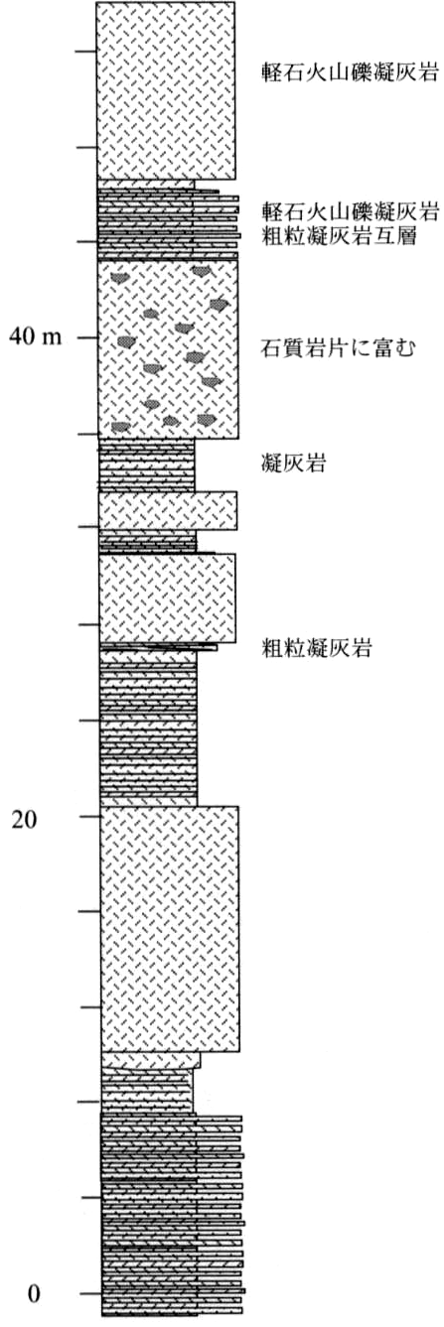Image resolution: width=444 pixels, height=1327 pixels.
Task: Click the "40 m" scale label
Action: [x=35, y=336]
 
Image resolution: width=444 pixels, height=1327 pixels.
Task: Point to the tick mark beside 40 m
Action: [x=87, y=337]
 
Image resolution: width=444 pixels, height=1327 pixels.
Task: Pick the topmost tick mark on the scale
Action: [x=85, y=52]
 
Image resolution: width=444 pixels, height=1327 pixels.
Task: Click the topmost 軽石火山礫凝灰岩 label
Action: [x=351, y=72]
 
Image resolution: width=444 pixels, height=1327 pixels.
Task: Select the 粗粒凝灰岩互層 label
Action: [x=340, y=237]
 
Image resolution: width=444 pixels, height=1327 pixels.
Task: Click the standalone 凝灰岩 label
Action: [x=293, y=463]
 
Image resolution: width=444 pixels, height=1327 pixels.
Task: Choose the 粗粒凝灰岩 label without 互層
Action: [x=316, y=649]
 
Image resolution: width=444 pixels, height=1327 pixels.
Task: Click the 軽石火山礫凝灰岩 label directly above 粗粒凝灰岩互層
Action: [x=351, y=210]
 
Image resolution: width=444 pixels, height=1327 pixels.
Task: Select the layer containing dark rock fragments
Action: [x=168, y=349]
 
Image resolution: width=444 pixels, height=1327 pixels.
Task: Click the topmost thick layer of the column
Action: [x=166, y=90]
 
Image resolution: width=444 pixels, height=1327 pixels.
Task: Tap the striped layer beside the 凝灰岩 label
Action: [x=146, y=465]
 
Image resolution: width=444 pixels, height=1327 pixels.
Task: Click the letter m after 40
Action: [x=53, y=338]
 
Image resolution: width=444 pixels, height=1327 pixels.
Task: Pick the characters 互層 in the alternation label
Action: [x=395, y=237]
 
